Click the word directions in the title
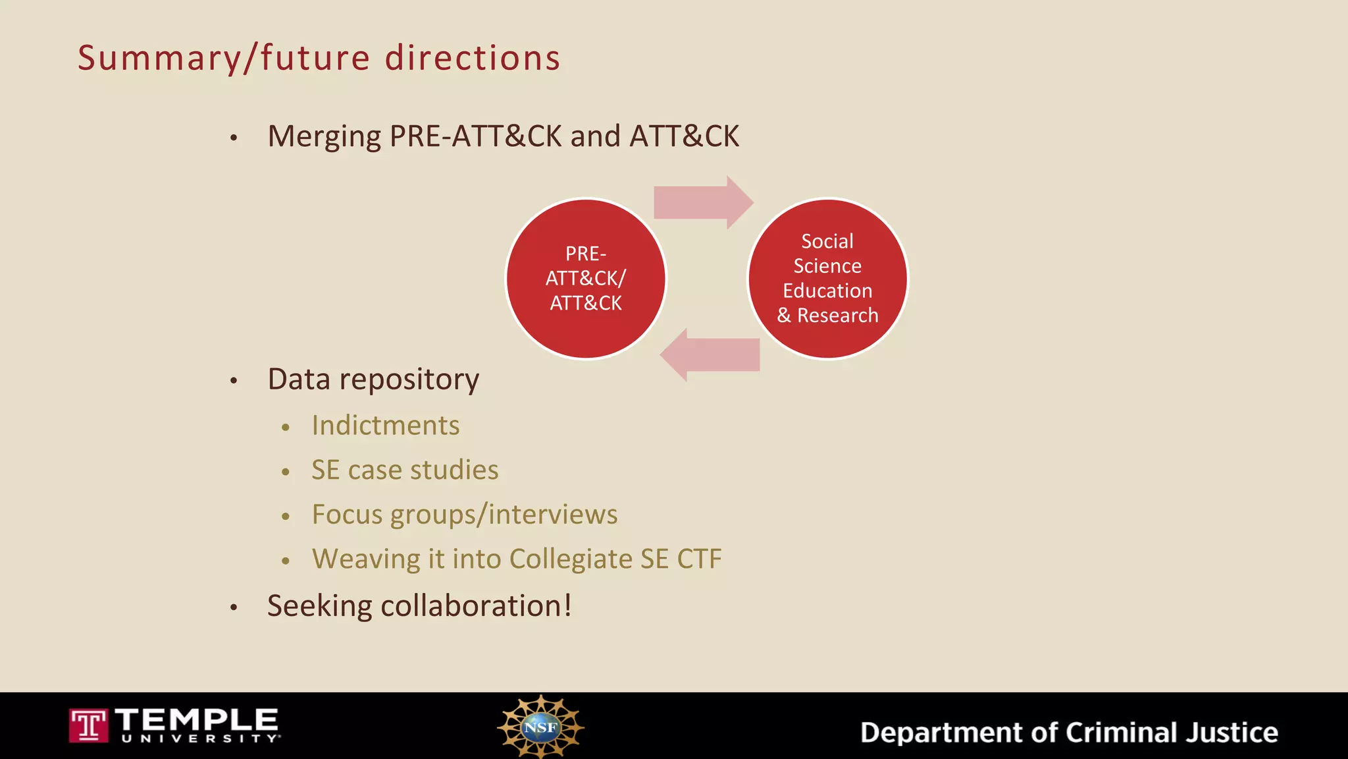pos(472,58)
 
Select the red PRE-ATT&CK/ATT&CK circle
pos(585,279)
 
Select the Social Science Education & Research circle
pos(827,279)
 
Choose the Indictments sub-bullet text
pos(385,426)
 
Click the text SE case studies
pos(405,470)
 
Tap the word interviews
pos(553,515)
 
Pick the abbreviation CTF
pos(699,559)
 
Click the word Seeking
pos(319,605)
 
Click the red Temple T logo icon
pos(88,725)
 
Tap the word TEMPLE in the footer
pos(197,719)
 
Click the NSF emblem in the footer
pos(540,727)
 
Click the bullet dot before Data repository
pos(234,381)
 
